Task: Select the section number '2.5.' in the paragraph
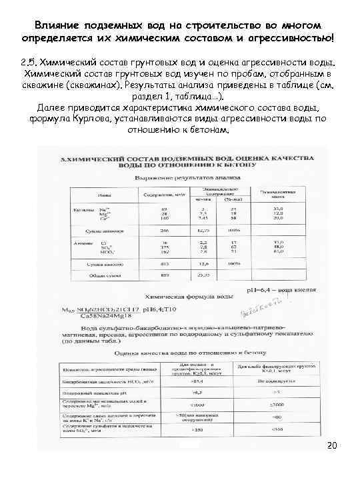pos(31,61)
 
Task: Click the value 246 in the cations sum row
pos(163,229)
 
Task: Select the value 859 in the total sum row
pos(163,273)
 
